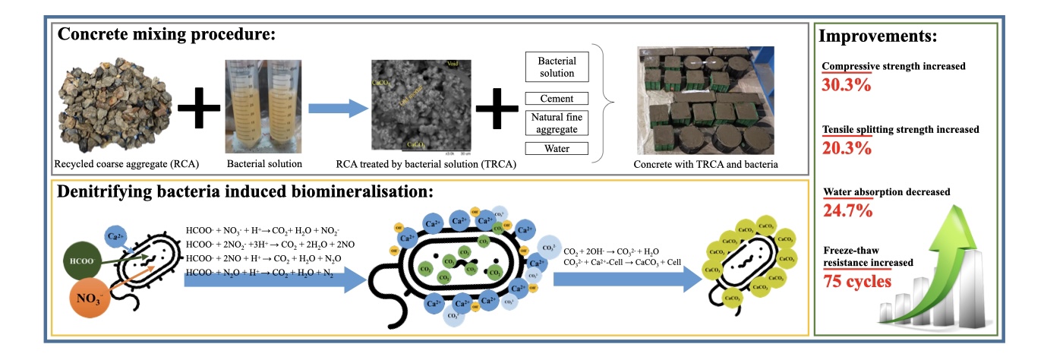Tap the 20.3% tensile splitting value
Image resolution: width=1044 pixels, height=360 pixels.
[847, 147]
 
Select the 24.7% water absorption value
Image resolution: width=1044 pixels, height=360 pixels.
[847, 210]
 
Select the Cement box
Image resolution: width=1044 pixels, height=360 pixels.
[557, 99]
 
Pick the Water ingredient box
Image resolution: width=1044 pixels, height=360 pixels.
[557, 149]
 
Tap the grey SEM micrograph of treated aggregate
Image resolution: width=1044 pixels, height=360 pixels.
[416, 104]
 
